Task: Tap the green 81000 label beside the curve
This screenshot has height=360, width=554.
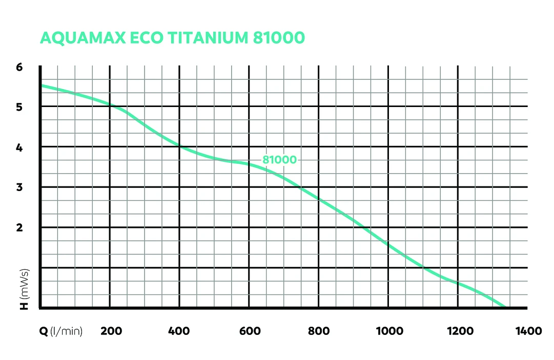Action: click(279, 160)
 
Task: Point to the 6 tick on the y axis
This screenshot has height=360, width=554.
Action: click(20, 67)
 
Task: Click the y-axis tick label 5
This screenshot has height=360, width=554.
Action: click(20, 107)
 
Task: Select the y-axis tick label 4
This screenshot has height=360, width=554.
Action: click(20, 147)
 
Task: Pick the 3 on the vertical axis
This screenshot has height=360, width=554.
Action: click(20, 187)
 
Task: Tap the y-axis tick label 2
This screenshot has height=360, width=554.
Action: click(20, 227)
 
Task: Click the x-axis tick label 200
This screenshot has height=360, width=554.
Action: click(111, 331)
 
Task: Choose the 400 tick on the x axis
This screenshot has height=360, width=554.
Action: click(179, 331)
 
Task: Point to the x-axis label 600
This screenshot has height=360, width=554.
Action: click(250, 331)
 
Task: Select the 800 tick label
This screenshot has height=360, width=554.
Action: click(318, 331)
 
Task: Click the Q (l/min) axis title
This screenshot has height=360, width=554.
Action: click(61, 331)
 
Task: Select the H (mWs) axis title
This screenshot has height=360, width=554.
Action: click(24, 289)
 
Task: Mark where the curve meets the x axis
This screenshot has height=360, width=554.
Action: click(504, 307)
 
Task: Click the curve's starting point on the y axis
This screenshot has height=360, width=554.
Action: click(40, 86)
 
